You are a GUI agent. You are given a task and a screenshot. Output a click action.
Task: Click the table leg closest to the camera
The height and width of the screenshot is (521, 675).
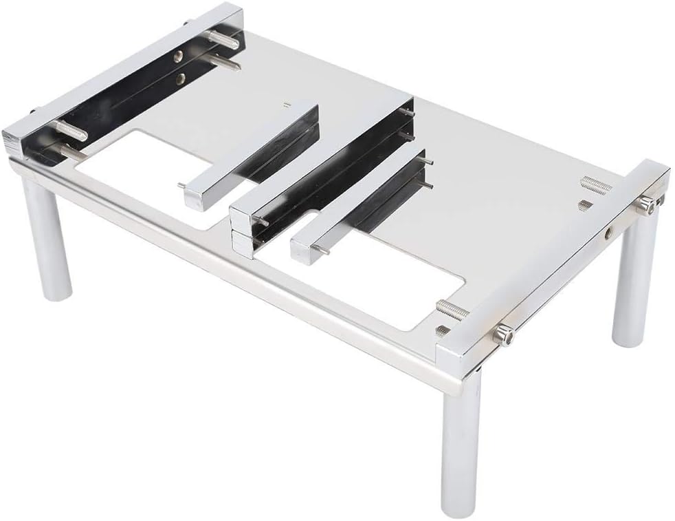click(462, 440)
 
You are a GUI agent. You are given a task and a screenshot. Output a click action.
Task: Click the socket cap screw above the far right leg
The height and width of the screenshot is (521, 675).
click(645, 203)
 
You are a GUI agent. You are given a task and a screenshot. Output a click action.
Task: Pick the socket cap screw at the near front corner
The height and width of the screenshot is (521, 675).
click(503, 335)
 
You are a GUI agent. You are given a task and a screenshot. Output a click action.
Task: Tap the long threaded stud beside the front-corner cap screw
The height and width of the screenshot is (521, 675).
click(452, 309)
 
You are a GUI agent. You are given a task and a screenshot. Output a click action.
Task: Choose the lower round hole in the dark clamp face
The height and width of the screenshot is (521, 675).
click(180, 80)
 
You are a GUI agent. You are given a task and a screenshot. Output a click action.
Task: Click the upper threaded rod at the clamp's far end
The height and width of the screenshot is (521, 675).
click(221, 39)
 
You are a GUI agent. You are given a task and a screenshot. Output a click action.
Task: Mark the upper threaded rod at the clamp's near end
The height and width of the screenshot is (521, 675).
click(69, 129)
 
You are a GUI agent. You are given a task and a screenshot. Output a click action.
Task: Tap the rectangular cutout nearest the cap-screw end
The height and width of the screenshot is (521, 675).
click(385, 275)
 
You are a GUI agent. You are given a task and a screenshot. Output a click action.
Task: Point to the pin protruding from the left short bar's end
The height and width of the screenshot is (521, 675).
click(181, 185)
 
